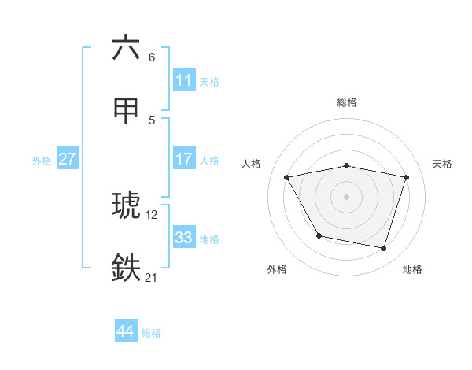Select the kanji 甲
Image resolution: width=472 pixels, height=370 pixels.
click(126, 110)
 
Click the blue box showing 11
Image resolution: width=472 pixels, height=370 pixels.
click(183, 80)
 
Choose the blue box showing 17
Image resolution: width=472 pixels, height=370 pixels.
click(183, 159)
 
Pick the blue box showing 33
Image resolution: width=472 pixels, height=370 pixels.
click(183, 238)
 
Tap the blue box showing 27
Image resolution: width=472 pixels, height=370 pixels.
click(67, 159)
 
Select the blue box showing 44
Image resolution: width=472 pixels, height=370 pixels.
click(125, 331)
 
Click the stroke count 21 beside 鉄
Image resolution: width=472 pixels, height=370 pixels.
click(151, 277)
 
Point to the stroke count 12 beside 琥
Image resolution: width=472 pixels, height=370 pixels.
click(151, 214)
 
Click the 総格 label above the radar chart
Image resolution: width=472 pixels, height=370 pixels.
click(347, 102)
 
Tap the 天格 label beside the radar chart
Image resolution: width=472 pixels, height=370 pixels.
click(443, 164)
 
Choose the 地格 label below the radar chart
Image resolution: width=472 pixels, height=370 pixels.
click(412, 269)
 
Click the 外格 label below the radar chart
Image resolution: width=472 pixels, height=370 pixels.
click(277, 269)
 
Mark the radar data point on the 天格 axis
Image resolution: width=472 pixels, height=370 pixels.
click(407, 177)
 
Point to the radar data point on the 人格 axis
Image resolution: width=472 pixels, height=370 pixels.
click(287, 177)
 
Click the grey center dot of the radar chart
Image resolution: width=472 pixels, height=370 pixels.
click(347, 197)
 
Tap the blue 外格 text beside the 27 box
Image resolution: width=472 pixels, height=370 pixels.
click(42, 160)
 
